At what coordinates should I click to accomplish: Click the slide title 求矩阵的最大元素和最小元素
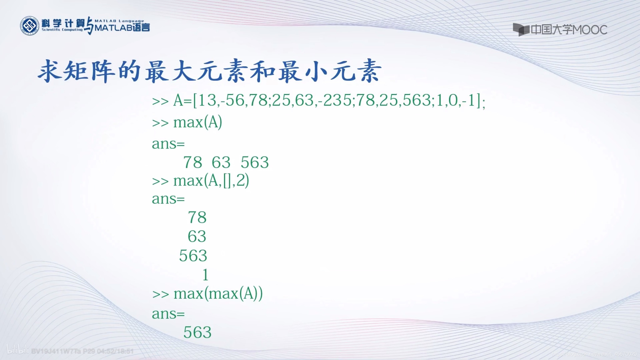coord(209,71)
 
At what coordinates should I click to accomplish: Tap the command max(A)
coord(197,122)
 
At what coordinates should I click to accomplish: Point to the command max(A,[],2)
coord(211,181)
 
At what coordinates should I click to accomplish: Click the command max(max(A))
coord(218,294)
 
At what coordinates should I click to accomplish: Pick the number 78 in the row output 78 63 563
coord(192,162)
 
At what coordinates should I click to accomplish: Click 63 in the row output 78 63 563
coord(221,162)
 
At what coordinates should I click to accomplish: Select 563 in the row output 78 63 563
coord(255,162)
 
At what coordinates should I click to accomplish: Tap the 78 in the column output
coord(197,217)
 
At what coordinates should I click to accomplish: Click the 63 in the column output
coord(197,237)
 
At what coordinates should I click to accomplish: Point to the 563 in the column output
coord(193,256)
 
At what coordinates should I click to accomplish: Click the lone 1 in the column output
coord(205,275)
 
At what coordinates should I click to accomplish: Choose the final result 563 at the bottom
coord(197,332)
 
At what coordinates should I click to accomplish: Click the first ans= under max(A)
coord(168,144)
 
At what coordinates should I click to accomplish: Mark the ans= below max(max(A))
coord(168,314)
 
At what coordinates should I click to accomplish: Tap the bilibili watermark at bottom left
coord(17,350)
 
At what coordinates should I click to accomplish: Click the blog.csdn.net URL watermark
coord(594,354)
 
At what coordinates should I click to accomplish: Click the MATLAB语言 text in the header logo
coord(122,28)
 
